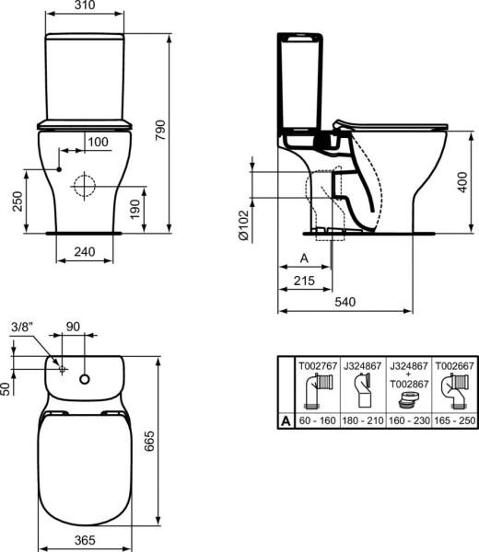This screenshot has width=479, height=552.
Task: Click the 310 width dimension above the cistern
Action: click(84, 7)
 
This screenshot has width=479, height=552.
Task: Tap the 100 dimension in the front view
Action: click(98, 141)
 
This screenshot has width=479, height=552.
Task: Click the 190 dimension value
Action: click(134, 209)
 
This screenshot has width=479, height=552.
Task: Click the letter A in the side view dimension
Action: click(303, 259)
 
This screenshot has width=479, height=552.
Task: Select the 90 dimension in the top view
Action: click(73, 327)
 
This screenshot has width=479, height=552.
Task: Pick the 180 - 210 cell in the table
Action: click(363, 420)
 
